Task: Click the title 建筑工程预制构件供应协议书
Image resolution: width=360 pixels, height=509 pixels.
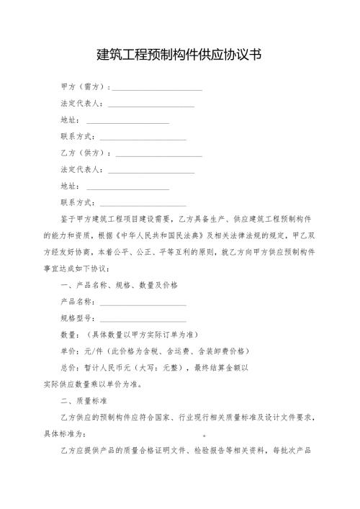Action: tap(179, 55)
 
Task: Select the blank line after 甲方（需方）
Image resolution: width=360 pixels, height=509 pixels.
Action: tap(158, 89)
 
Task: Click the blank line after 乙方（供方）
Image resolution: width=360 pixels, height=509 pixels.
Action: tap(158, 155)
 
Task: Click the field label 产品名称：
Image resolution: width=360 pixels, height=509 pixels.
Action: tap(81, 302)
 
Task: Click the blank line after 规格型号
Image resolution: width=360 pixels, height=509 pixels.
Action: tap(143, 320)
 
